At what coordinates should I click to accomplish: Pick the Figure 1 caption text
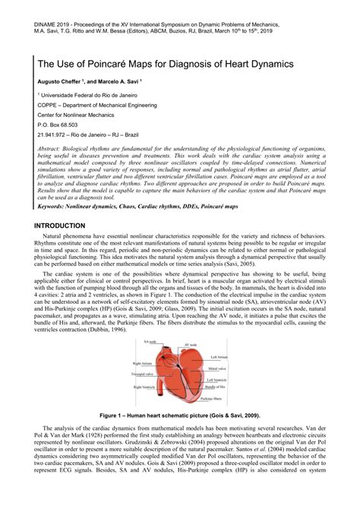pyautogui.click(x=180, y=416)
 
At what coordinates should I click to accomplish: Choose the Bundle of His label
pyautogui.click(x=217, y=387)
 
